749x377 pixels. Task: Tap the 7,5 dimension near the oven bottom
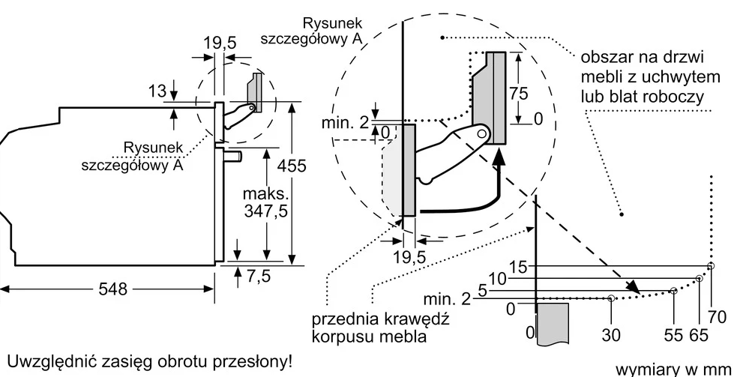click(x=258, y=276)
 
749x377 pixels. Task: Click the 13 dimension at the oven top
click(x=157, y=91)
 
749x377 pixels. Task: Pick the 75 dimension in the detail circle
click(x=517, y=95)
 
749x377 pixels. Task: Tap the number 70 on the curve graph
click(x=717, y=317)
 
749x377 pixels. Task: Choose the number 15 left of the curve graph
click(x=519, y=266)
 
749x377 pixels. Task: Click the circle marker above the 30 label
click(x=612, y=298)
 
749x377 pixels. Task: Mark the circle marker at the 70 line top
click(x=711, y=266)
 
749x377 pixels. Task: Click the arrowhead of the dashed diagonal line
click(x=634, y=286)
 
